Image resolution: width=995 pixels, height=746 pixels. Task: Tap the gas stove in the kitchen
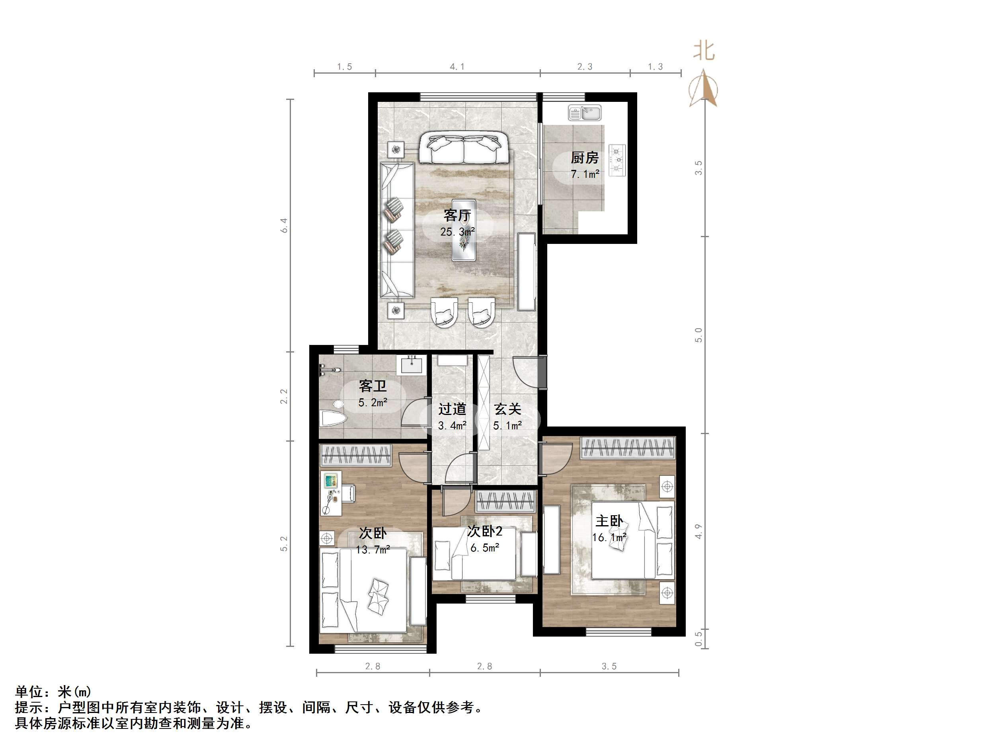617,159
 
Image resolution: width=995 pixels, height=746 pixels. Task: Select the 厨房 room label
584,158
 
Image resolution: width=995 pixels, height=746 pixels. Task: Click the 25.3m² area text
457,232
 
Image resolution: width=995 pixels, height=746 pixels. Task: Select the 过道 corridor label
452,409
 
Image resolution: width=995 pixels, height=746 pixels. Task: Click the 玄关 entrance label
507,409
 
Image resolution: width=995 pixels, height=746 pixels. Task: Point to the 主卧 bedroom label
609,521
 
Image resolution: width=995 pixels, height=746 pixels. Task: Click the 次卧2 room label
484,532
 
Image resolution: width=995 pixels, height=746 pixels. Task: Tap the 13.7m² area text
373,549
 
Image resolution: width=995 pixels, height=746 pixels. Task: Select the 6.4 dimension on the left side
284,225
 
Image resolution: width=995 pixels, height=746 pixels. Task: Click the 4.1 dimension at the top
457,67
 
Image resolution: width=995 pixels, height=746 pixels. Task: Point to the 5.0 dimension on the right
698,335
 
